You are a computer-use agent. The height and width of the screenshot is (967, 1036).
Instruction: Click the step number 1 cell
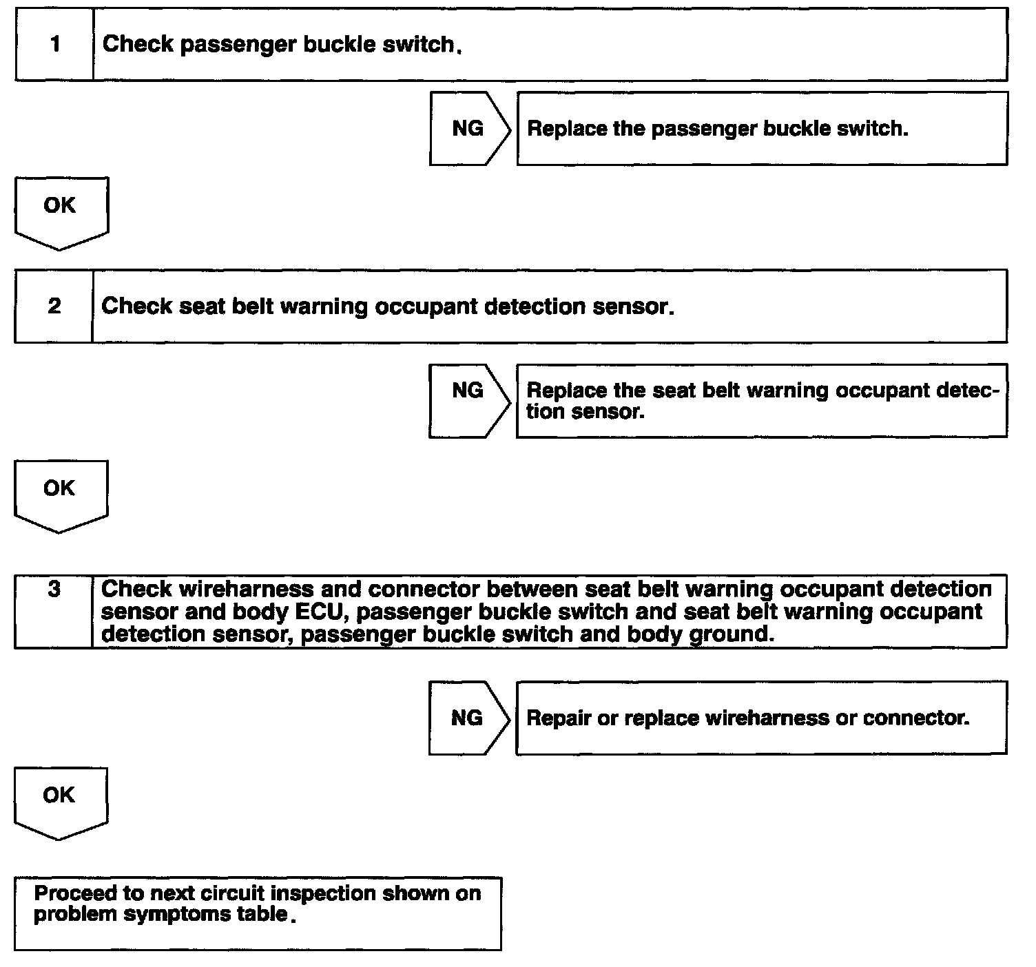[x=54, y=45]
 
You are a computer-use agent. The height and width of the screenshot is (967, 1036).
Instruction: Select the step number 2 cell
[x=54, y=306]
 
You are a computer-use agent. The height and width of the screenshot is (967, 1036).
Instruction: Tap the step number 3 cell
[x=54, y=610]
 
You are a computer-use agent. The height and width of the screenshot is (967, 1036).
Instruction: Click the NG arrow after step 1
[x=469, y=129]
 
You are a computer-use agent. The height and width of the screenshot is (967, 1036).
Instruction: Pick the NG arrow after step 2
[x=468, y=400]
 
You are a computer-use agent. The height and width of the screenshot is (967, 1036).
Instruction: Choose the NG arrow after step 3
[x=468, y=718]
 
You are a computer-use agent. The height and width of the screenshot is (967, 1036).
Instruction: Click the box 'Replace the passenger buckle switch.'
[x=762, y=129]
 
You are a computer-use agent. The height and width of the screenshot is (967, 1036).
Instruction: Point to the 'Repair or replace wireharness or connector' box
[x=761, y=718]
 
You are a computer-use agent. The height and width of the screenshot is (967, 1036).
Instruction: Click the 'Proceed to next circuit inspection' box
[x=258, y=913]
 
